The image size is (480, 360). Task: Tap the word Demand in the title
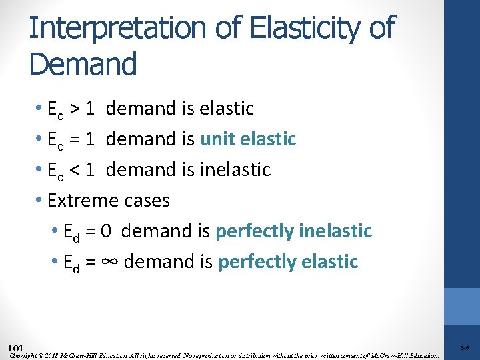83,64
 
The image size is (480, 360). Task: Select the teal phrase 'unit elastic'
248,139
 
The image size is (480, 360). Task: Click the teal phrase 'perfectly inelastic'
293,231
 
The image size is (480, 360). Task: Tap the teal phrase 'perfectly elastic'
288,262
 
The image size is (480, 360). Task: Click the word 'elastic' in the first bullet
227,109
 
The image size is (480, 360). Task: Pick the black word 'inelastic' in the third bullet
235,170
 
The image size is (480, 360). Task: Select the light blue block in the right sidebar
462,306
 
